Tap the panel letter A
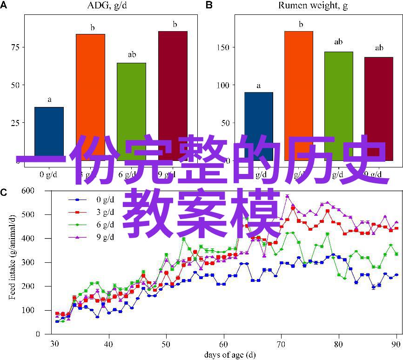(x=5, y=5)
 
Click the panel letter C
(x=5, y=192)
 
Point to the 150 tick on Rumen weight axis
(x=223, y=47)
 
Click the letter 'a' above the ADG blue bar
(x=49, y=100)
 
